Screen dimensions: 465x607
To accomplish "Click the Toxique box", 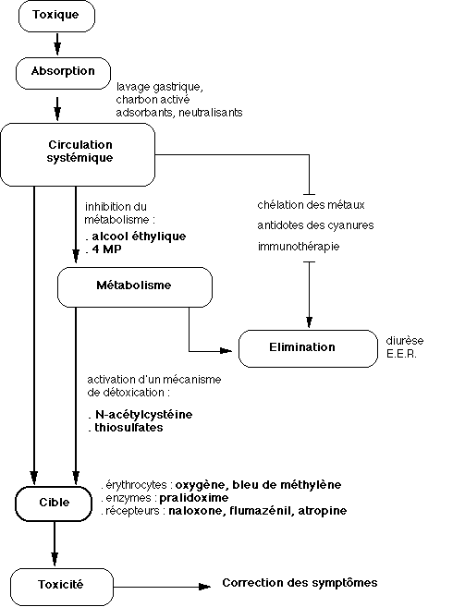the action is pyautogui.click(x=56, y=16).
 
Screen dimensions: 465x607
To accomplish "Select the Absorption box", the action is pyautogui.click(x=63, y=73).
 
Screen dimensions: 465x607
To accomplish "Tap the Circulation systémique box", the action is pyautogui.click(x=78, y=154).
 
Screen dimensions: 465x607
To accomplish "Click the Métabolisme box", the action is pyautogui.click(x=135, y=286).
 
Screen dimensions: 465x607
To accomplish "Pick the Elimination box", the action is pyautogui.click(x=308, y=348).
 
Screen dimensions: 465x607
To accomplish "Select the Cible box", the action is pyautogui.click(x=54, y=504).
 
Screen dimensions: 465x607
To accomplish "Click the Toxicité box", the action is pyautogui.click(x=62, y=587).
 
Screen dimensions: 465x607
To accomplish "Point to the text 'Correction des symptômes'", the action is pyautogui.click(x=300, y=583).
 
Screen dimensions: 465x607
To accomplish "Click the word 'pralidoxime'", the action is pyautogui.click(x=194, y=498).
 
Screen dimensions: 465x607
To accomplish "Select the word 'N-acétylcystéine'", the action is pyautogui.click(x=144, y=415).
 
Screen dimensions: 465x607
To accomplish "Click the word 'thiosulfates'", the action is pyautogui.click(x=128, y=428).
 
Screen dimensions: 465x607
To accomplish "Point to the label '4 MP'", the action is pyautogui.click(x=106, y=249).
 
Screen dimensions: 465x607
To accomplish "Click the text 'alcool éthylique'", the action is pyautogui.click(x=139, y=237).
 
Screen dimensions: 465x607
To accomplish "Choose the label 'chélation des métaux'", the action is pyautogui.click(x=312, y=205).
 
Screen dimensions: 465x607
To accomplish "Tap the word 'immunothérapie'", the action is pyautogui.click(x=299, y=247).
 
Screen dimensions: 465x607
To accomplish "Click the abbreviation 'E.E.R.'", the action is pyautogui.click(x=401, y=354).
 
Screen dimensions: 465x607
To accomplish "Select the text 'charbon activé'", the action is pyautogui.click(x=153, y=100).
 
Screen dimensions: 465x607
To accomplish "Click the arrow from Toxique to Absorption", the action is pyautogui.click(x=57, y=43).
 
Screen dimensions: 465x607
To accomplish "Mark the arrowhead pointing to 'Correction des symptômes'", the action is pyautogui.click(x=204, y=587).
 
